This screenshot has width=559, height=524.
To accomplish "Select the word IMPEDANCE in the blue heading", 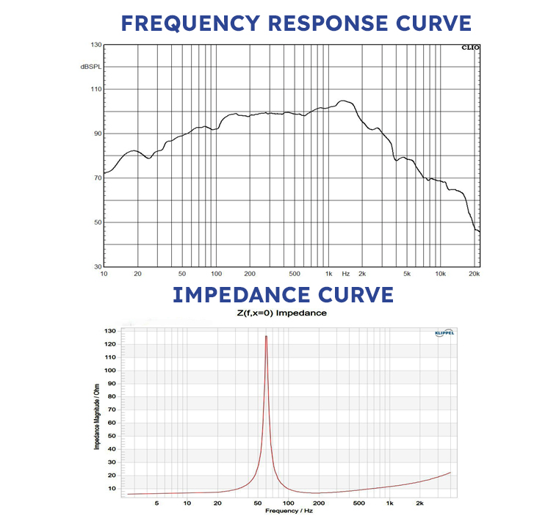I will [238, 294].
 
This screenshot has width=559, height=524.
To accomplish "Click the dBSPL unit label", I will [90, 67].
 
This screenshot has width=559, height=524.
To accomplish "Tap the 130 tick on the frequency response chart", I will [95, 46].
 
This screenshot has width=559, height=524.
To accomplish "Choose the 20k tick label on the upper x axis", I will [474, 273].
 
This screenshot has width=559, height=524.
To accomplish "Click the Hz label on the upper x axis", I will [345, 273].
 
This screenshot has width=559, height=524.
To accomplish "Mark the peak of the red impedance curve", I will [266, 336].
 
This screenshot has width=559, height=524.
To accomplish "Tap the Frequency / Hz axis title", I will [287, 510].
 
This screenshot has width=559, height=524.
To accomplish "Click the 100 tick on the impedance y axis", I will [111, 370].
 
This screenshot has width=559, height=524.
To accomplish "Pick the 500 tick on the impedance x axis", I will [359, 503].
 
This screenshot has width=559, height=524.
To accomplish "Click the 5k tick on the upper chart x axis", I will [405, 273].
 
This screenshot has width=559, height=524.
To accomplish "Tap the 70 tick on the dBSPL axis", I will [96, 178].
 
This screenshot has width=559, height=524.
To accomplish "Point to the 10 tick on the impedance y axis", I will [112, 488].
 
